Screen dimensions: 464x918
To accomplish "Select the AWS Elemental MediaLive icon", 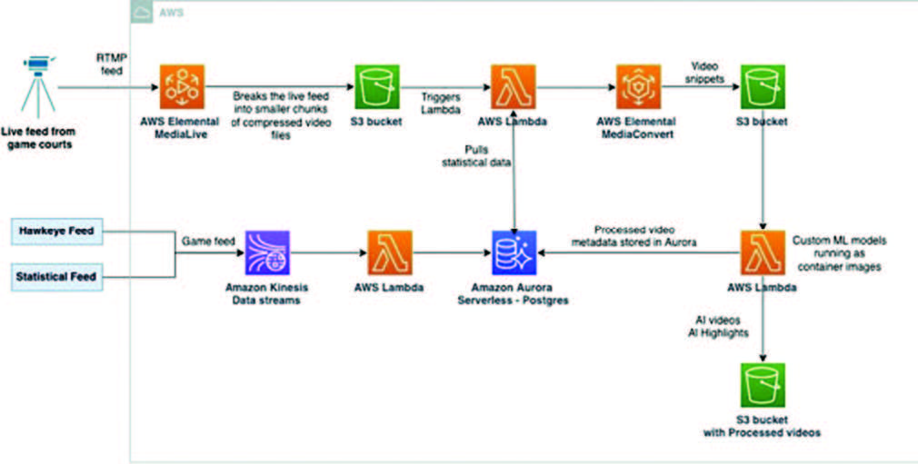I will point(181,87).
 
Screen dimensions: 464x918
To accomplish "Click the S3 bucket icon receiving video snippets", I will point(763,87).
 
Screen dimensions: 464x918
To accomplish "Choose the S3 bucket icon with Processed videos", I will point(763,385).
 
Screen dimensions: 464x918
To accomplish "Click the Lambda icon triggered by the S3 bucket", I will point(514,87).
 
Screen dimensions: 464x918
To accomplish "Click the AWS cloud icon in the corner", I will point(143,12).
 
